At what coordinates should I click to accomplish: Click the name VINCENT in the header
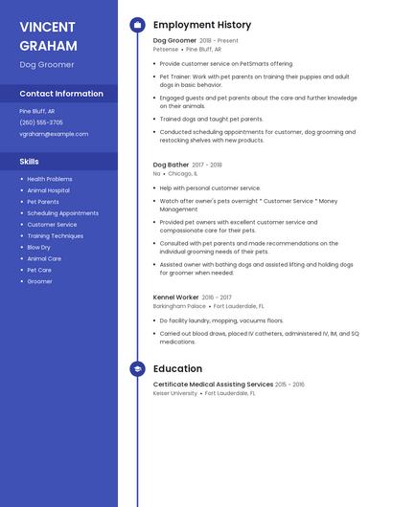(x=47, y=26)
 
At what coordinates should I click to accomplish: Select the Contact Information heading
(x=61, y=94)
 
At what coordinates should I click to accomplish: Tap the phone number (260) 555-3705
(x=41, y=122)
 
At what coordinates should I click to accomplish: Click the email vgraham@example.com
(x=54, y=134)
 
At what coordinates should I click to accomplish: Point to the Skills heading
(x=30, y=161)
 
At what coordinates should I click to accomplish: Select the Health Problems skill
(x=50, y=179)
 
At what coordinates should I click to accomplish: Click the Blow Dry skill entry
(x=39, y=247)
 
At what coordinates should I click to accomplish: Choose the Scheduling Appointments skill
(x=62, y=213)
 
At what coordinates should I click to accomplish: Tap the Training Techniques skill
(x=56, y=235)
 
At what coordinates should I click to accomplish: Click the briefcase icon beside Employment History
(x=137, y=25)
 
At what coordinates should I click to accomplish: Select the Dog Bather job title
(x=172, y=165)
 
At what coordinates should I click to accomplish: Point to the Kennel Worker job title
(x=175, y=298)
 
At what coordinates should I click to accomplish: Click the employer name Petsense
(x=166, y=49)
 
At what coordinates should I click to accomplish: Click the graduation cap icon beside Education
(x=137, y=368)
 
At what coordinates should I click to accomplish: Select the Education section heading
(x=177, y=368)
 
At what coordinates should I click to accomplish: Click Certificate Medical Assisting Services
(x=213, y=384)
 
